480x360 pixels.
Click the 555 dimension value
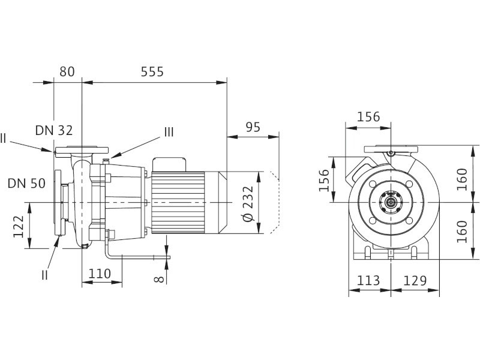pos(152,72)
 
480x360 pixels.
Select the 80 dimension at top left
pos(67,72)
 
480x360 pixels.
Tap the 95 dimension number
pos(254,127)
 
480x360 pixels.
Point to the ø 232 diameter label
pos(248,203)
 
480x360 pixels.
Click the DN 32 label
pos(53,130)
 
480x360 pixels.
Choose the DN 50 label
pos(26,183)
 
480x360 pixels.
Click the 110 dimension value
pos(100,274)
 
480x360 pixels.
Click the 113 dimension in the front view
pos(368,280)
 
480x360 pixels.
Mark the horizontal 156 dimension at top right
pos(368,116)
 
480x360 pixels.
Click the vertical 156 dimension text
pos(324,180)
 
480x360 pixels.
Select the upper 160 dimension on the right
pos(462,179)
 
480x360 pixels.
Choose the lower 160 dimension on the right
pos(462,230)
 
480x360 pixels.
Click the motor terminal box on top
pos(170,164)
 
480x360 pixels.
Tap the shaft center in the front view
pos(391,203)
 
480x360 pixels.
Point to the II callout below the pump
pos(45,274)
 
